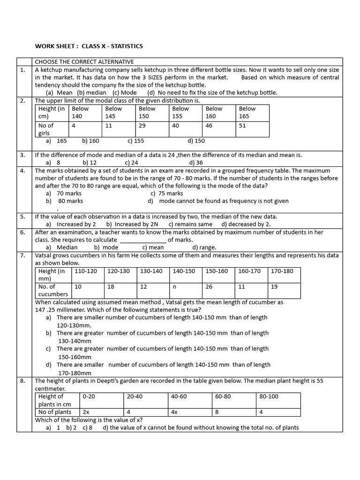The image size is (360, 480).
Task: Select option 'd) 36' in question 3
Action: (196, 163)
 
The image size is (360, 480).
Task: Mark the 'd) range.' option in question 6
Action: (204, 247)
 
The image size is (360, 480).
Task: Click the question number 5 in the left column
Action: (22, 217)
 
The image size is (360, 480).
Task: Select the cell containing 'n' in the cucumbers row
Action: (174, 286)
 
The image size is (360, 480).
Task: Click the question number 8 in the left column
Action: (22, 381)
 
